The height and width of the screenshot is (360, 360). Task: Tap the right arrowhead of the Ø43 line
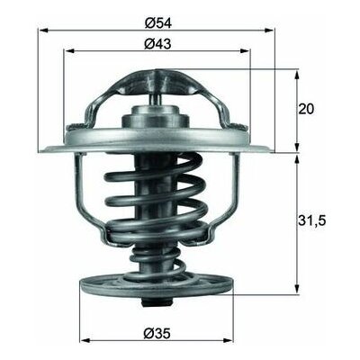pos(253,50)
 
